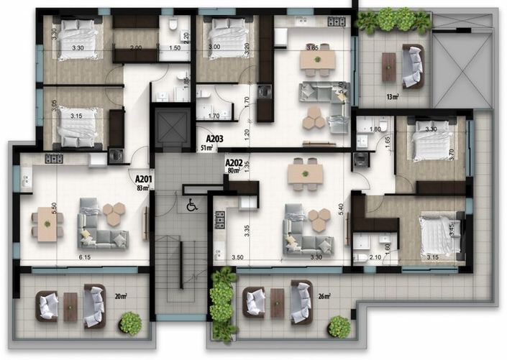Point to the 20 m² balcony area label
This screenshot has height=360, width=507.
click(x=121, y=295)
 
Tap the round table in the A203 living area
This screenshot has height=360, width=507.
click(x=315, y=117)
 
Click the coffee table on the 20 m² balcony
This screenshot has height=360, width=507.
click(x=70, y=306)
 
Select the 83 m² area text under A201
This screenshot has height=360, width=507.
click(x=142, y=188)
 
